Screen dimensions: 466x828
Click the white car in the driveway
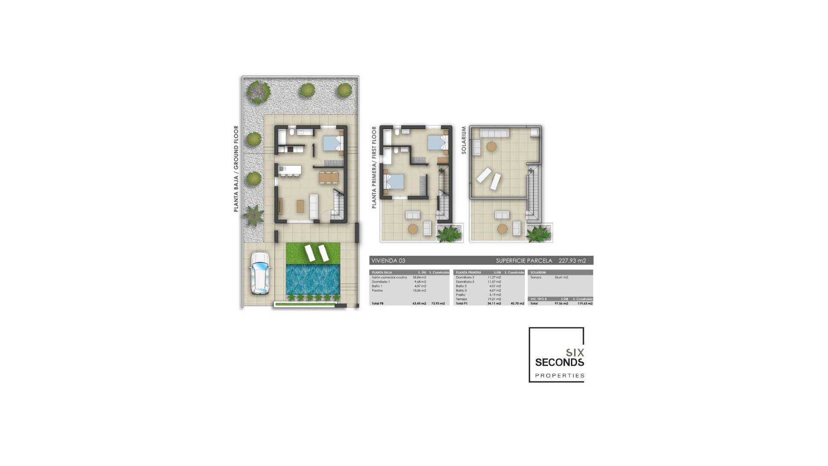(260, 273)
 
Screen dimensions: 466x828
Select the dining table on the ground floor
(329, 177)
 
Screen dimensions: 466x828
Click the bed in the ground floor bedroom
(332, 142)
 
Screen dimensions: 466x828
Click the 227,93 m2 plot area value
(572, 261)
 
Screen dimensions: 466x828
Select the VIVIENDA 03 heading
(388, 261)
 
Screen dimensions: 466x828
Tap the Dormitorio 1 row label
(381, 282)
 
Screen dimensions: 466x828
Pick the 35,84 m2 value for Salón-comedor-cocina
(419, 277)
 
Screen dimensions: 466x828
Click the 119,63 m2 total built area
(585, 303)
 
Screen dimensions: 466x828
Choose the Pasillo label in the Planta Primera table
(461, 295)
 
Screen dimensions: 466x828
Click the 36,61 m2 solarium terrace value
(561, 277)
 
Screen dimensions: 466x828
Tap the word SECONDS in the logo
(559, 362)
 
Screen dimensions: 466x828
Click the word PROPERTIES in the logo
(559, 376)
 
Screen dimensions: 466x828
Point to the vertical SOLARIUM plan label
(464, 140)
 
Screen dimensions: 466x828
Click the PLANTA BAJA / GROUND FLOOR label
(236, 169)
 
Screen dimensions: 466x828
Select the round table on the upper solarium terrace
(491, 147)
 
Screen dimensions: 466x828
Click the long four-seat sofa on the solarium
(495, 133)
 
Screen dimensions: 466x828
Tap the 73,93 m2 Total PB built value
(438, 303)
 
